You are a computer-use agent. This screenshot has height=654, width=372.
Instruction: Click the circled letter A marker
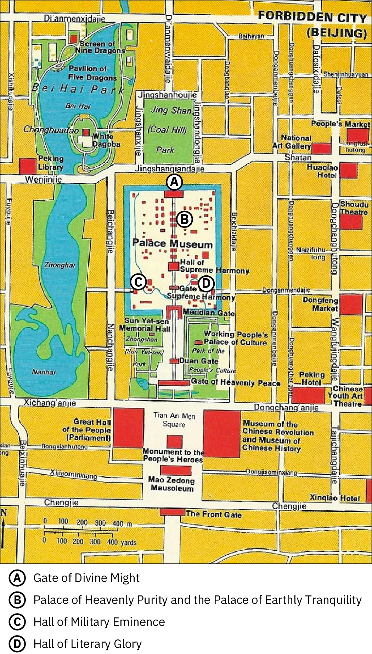tap(174, 182)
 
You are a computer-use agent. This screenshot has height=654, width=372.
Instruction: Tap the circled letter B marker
tap(184, 220)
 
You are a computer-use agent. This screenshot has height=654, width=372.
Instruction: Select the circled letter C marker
tap(139, 282)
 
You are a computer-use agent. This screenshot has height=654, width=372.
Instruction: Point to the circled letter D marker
tap(206, 284)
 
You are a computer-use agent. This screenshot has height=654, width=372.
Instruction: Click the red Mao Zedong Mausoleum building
tap(176, 471)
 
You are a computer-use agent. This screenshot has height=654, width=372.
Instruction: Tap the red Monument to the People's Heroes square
tap(174, 442)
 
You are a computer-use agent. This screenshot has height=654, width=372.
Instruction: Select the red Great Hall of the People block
tap(128, 428)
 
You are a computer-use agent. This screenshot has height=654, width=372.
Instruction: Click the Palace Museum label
tap(173, 243)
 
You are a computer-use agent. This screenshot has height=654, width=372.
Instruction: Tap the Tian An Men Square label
tap(174, 419)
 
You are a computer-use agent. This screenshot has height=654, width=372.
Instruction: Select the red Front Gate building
tap(172, 512)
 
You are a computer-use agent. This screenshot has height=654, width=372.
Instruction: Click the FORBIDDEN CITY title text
tap(312, 17)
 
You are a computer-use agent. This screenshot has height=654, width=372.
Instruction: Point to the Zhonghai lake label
tap(60, 265)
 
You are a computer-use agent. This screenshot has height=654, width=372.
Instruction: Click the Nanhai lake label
tap(44, 372)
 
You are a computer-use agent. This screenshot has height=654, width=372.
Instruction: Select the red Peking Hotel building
tap(308, 395)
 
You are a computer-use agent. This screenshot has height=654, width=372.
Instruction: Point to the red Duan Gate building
tap(174, 361)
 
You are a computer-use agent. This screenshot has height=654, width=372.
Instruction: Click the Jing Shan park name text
tap(171, 110)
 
